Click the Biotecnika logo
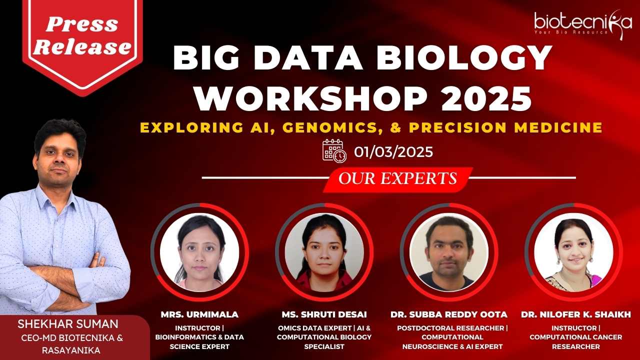pos(583,25)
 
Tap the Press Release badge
pos(82,43)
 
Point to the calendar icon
pos(334,151)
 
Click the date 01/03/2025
pos(393,151)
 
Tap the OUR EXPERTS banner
pos(397,179)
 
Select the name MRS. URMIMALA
pos(199,314)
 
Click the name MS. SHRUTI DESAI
pos(324,314)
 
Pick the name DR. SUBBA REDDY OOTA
pos(449,314)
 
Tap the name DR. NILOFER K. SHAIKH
pos(575,314)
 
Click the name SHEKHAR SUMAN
pos(68,324)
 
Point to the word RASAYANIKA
pos(71,350)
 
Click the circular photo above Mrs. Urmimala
pos(199,252)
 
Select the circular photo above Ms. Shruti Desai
pos(324,252)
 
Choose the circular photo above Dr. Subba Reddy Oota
pos(449,252)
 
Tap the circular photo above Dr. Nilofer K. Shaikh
pos(573,252)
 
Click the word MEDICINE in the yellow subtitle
pos(558,127)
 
